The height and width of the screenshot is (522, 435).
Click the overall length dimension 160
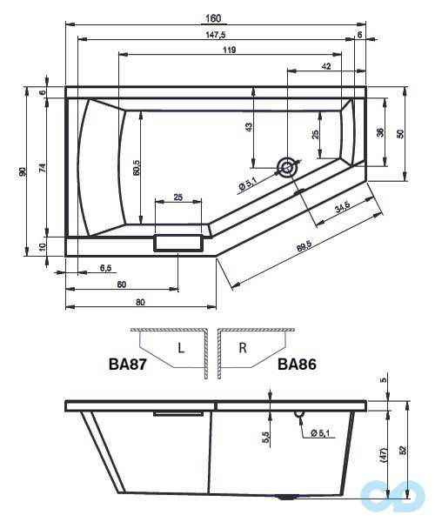pyautogui.click(x=214, y=19)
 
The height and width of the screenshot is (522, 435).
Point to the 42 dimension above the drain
pyautogui.click(x=325, y=66)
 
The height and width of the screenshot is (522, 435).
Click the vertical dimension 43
pyautogui.click(x=249, y=127)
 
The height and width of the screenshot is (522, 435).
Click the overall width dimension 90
pyautogui.click(x=23, y=171)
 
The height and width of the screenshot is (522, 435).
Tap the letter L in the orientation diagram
pyautogui.click(x=180, y=349)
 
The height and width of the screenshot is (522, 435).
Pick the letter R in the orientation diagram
pyautogui.click(x=243, y=349)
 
